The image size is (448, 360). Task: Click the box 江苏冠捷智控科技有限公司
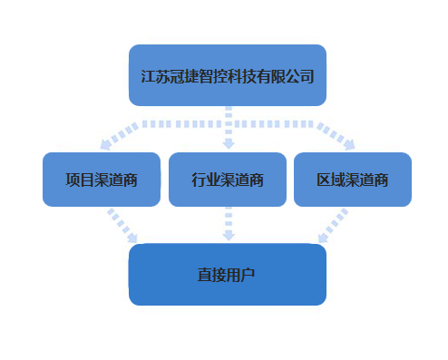(x=228, y=75)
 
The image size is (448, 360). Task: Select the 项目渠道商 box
(x=102, y=180)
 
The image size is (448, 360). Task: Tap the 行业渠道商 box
(x=228, y=180)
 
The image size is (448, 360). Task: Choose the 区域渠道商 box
(x=353, y=180)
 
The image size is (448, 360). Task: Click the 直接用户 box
(x=228, y=275)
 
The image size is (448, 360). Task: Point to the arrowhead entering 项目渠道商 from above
(x=105, y=145)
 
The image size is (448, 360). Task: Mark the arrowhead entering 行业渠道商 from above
(x=229, y=144)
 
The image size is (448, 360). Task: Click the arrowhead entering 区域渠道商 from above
(x=350, y=145)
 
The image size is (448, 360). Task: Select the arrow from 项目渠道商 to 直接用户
(x=122, y=226)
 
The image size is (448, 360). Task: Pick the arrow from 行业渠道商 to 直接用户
(x=229, y=224)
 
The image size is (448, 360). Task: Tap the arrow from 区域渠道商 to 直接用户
(x=334, y=226)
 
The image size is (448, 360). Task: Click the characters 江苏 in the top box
(x=155, y=76)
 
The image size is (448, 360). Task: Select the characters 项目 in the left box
(x=80, y=180)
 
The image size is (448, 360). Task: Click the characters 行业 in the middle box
(x=206, y=180)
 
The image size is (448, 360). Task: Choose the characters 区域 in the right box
(x=331, y=180)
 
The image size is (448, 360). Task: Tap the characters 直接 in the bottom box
(x=212, y=275)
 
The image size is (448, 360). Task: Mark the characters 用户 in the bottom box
(x=240, y=275)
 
